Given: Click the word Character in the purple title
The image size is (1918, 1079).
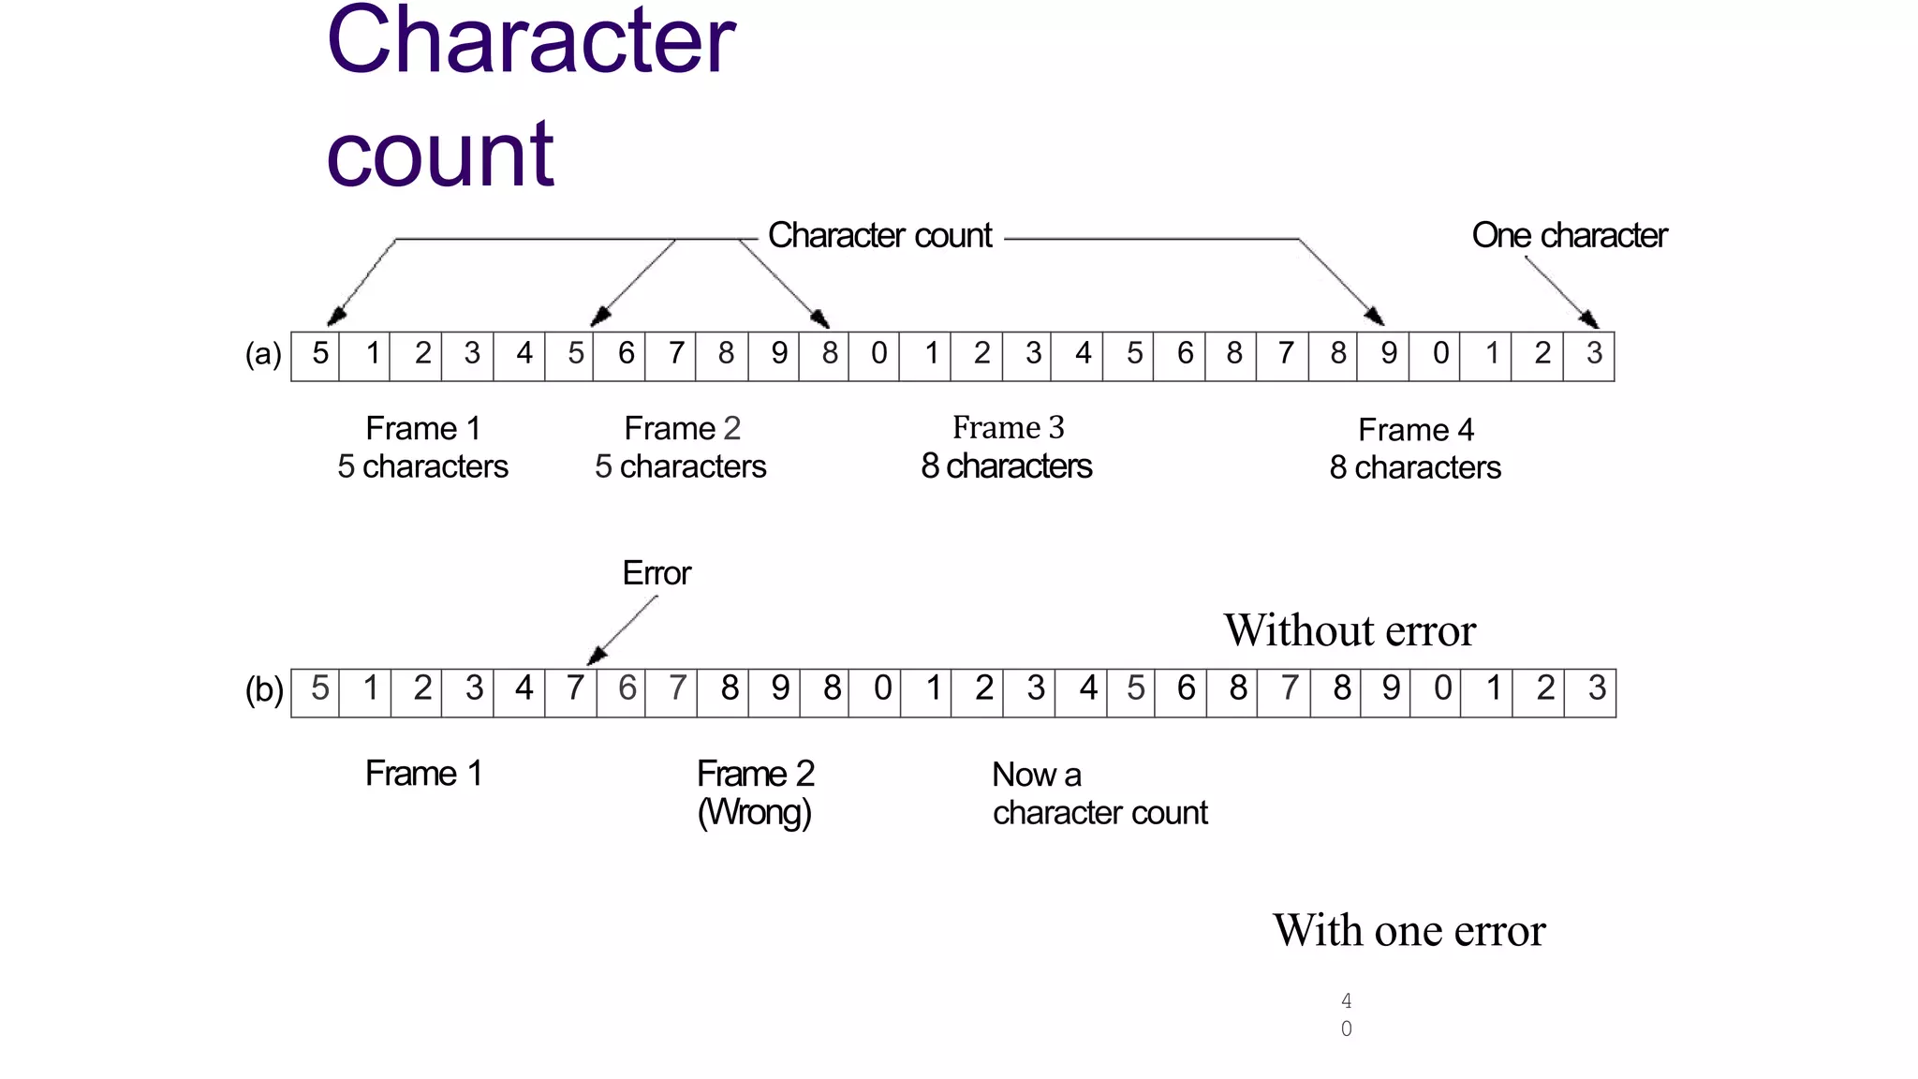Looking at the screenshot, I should (530, 42).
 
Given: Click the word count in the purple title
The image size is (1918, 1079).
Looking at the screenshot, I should (440, 155).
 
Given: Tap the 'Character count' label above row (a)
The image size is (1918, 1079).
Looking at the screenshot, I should (879, 235).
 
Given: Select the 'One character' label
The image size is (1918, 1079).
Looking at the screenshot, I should (1569, 235).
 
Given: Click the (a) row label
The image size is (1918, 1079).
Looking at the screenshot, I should (263, 354).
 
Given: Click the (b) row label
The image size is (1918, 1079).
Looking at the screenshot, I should (264, 690).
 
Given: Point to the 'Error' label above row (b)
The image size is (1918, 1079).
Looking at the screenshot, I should (656, 573).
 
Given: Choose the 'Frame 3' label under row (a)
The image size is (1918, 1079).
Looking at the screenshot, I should (1008, 428).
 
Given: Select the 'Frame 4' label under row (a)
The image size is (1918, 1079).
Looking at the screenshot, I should (1416, 430).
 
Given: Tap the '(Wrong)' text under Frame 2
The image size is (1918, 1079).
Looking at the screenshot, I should (754, 812).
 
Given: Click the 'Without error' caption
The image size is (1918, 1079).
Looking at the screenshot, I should (1350, 630).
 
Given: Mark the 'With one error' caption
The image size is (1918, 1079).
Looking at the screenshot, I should (1409, 930).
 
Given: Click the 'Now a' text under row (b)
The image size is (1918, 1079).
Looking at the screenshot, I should (1036, 775).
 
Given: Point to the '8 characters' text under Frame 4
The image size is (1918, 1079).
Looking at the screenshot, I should (1415, 467).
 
